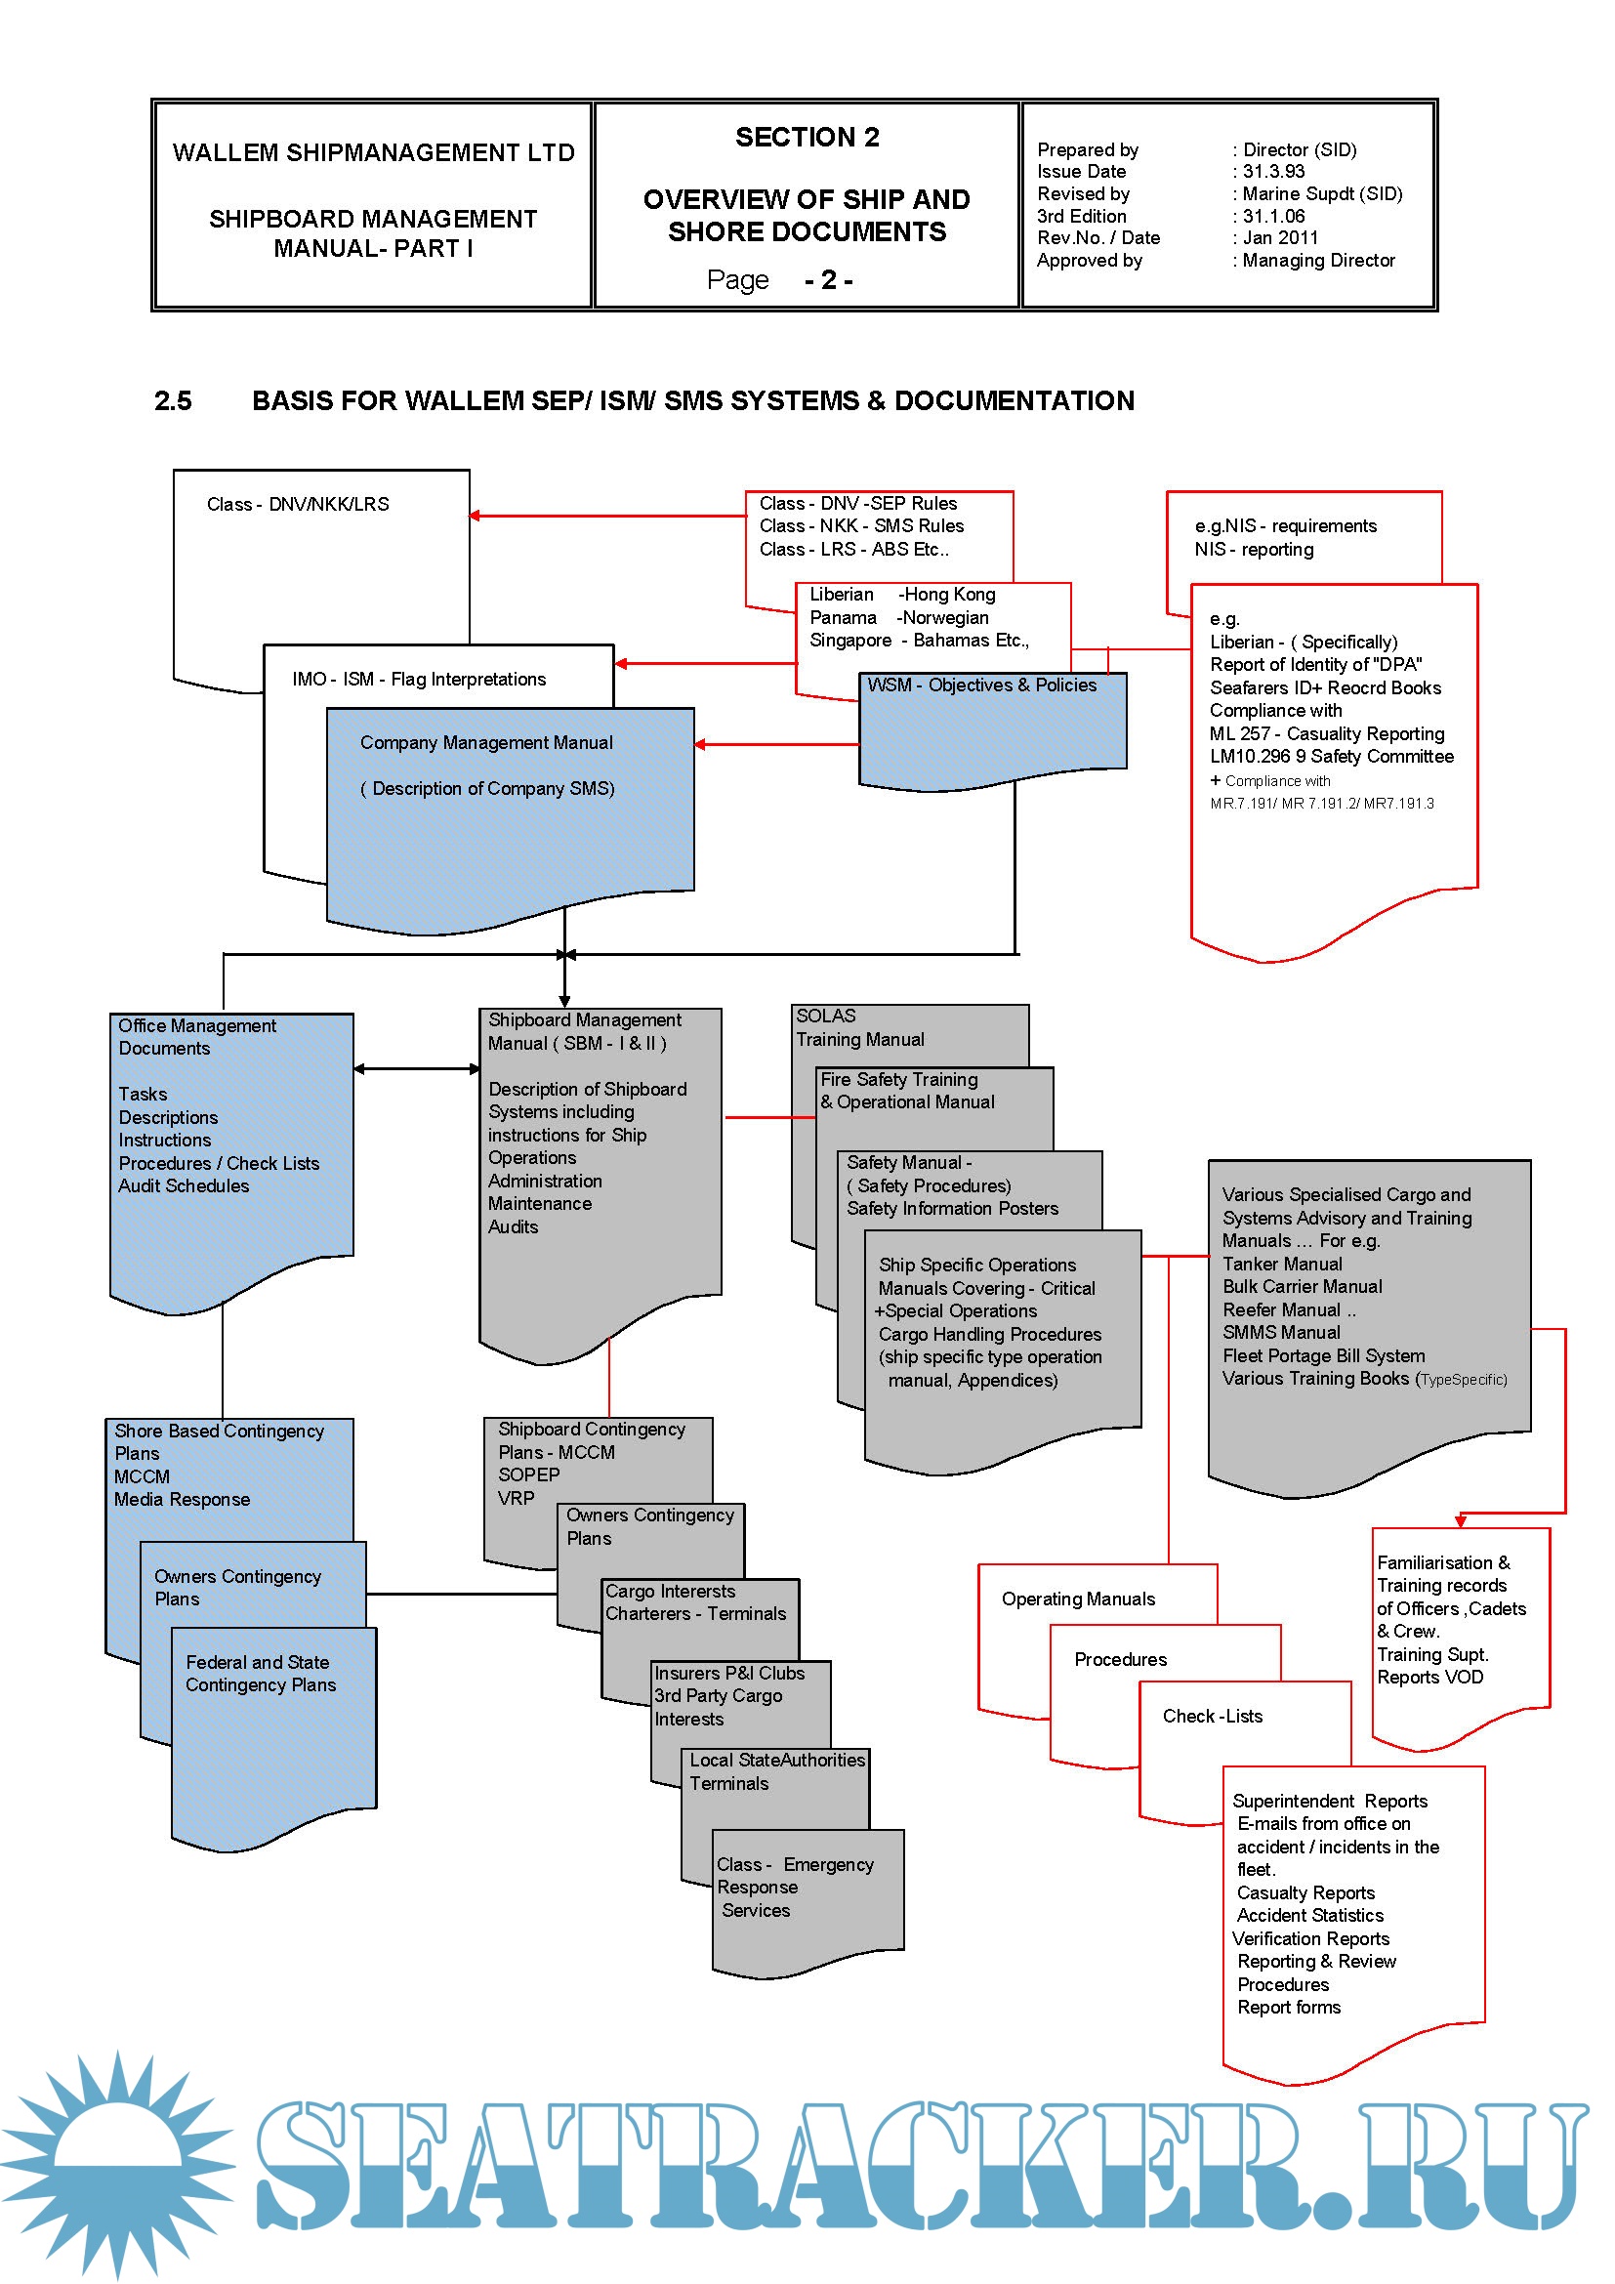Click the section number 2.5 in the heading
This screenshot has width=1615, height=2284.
[172, 401]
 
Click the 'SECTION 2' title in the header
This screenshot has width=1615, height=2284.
[807, 138]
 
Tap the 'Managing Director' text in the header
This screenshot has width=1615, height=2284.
[1317, 261]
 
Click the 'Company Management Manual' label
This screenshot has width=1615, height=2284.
[486, 743]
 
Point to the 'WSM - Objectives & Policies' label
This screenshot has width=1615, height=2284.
[981, 685]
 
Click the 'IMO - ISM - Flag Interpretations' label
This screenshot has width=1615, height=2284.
[419, 680]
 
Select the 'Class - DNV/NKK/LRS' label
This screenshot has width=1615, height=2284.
[298, 504]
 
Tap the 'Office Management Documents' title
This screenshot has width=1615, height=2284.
[197, 1037]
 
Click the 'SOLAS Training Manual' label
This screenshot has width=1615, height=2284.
[859, 1027]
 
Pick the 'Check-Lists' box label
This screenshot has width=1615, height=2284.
[1213, 1716]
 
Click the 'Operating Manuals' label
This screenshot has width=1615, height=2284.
[1078, 1599]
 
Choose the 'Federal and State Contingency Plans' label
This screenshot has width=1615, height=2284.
[261, 1674]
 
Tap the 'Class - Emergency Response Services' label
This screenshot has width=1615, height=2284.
[795, 1888]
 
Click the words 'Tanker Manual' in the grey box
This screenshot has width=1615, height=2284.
[1282, 1264]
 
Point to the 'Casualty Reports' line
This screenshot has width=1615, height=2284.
[1304, 1892]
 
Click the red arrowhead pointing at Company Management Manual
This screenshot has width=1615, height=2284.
[700, 744]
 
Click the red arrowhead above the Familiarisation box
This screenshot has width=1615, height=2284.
[1460, 1521]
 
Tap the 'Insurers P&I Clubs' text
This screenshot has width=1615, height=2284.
[729, 1674]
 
